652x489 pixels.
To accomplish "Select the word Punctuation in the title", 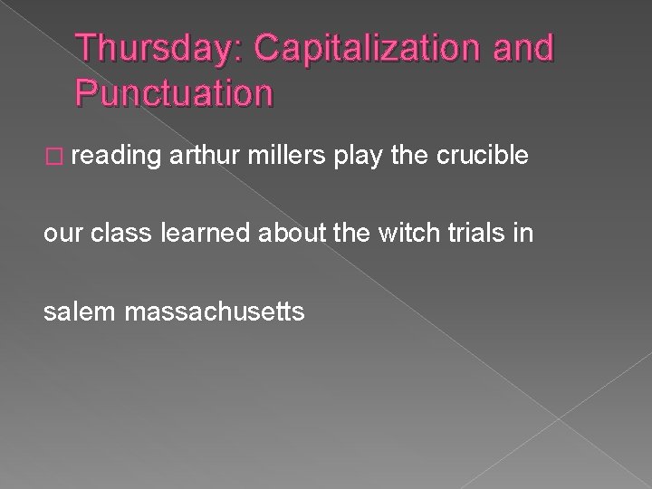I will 174,92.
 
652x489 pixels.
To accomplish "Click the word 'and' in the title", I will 519,48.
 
